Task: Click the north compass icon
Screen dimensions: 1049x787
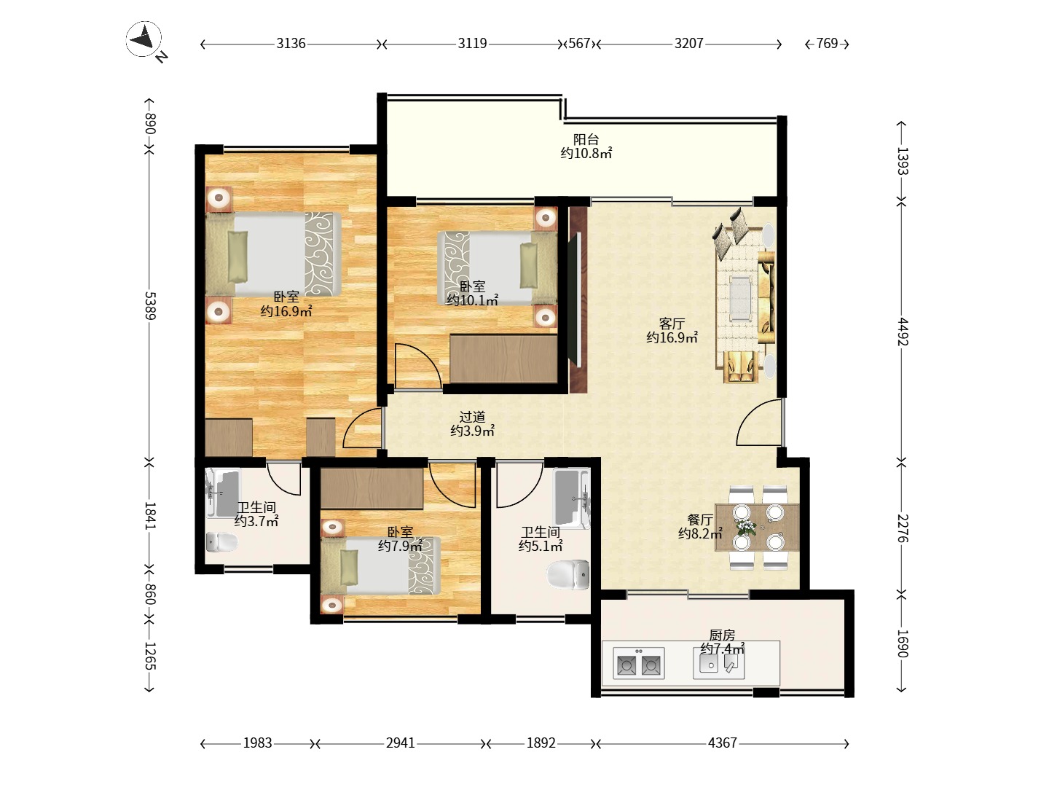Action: pos(144,39)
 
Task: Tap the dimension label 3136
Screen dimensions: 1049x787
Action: pos(291,44)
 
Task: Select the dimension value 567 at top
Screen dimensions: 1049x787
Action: pos(579,44)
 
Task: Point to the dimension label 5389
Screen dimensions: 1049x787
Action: pos(150,305)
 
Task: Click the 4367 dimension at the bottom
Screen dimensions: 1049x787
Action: pos(722,743)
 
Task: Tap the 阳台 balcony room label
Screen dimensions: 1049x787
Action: pos(586,139)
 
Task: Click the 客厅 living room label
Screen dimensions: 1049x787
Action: pos(672,324)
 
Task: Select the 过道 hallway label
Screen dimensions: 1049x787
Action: pos(472,417)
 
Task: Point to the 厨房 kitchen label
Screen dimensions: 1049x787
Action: pos(722,635)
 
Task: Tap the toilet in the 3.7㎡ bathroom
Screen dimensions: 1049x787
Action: pos(221,542)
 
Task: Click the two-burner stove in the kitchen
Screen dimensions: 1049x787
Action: pos(638,663)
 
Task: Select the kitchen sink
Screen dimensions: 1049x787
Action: pos(719,662)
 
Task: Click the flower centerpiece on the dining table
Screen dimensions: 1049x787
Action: pos(746,528)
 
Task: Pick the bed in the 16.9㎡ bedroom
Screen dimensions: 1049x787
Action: pos(273,254)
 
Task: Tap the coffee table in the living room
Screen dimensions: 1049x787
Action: pos(740,298)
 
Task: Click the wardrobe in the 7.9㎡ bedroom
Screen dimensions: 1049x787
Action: pos(372,488)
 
